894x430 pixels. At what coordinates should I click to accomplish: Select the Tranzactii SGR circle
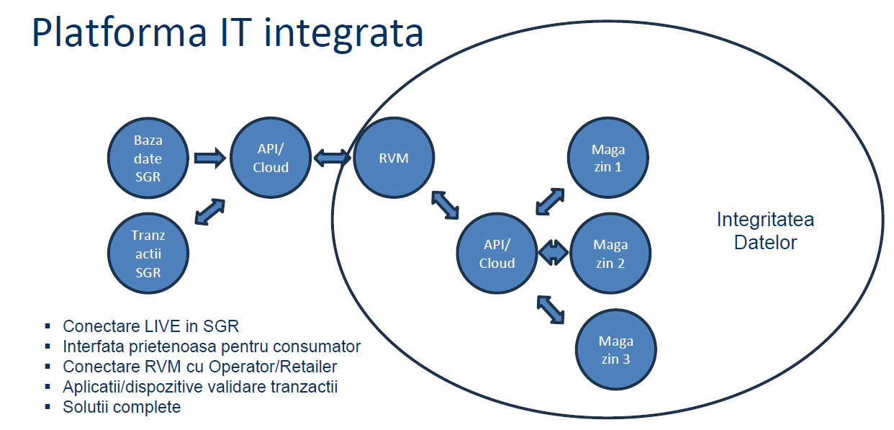pyautogui.click(x=148, y=254)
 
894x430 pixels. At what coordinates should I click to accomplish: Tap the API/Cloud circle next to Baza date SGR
pyautogui.click(x=270, y=158)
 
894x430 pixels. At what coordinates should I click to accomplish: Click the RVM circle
pyautogui.click(x=393, y=158)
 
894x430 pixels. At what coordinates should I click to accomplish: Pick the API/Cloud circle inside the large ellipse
pyautogui.click(x=497, y=254)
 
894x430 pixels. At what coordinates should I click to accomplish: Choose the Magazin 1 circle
pyautogui.click(x=608, y=158)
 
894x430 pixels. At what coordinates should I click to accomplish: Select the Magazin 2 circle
pyautogui.click(x=610, y=254)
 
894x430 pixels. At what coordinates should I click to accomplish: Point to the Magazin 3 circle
pyautogui.click(x=616, y=349)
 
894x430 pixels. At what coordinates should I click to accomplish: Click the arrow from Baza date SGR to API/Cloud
pyautogui.click(x=209, y=158)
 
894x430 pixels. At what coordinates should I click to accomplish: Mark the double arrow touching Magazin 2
pyautogui.click(x=553, y=252)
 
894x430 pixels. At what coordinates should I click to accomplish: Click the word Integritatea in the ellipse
pyautogui.click(x=764, y=220)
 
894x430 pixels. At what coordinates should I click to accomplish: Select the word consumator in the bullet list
pyautogui.click(x=317, y=346)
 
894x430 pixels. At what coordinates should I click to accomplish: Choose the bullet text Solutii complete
pyautogui.click(x=122, y=407)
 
